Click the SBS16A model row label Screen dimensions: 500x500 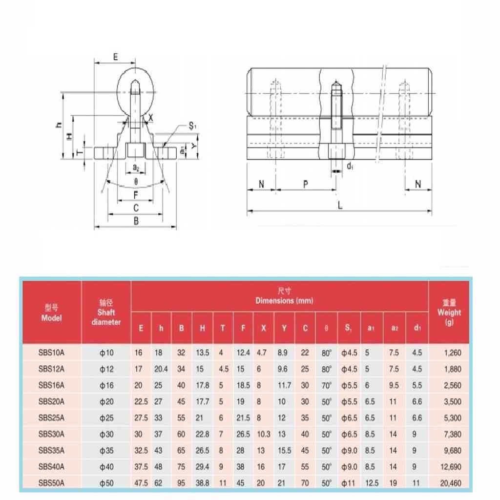(51, 385)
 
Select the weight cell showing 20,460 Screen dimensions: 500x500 (450, 483)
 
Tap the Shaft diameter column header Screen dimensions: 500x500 (106, 312)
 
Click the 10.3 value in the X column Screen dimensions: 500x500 (263, 434)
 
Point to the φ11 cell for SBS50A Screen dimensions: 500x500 (347, 483)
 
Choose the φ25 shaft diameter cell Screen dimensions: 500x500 (106, 418)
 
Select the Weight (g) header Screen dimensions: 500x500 (449, 312)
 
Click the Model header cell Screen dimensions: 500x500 (51, 312)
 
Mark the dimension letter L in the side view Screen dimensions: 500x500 (340, 206)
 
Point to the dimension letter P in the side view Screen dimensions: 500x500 (306, 184)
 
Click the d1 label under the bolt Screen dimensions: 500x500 (350, 167)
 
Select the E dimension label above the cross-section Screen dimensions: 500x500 (115, 57)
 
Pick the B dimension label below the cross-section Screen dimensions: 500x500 (136, 221)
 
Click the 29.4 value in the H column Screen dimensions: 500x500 (202, 467)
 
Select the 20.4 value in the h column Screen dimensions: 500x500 (161, 369)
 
